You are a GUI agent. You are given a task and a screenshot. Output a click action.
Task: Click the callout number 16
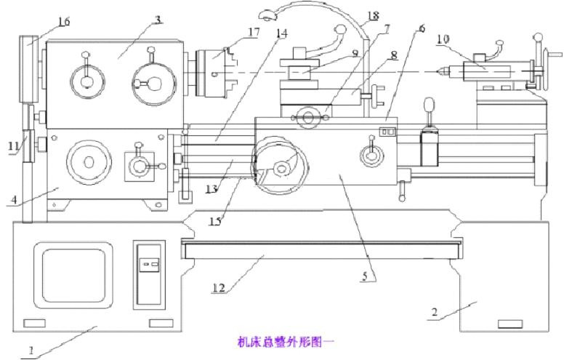click(63, 22)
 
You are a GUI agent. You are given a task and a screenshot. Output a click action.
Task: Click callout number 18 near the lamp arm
click(373, 15)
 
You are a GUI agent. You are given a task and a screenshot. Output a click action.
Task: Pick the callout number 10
click(443, 39)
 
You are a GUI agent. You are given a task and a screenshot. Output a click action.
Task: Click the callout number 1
click(31, 350)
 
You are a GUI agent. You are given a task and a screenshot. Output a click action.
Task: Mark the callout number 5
click(369, 276)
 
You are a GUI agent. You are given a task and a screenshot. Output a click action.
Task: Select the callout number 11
click(14, 146)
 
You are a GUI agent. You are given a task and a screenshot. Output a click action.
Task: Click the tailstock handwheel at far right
click(539, 70)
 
